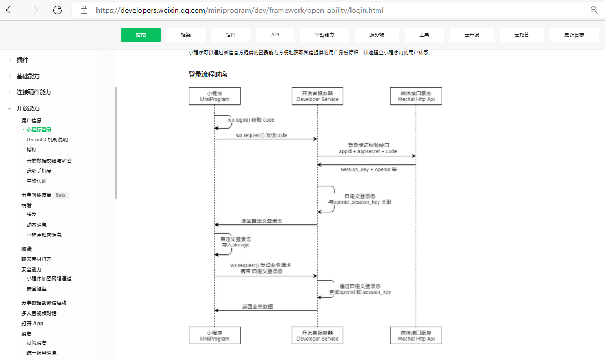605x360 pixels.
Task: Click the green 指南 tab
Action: click(x=141, y=35)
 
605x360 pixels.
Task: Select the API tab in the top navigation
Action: click(x=275, y=35)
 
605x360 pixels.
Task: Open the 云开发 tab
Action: click(x=472, y=35)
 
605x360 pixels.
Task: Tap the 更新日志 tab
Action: click(x=574, y=35)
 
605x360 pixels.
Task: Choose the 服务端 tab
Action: click(x=377, y=35)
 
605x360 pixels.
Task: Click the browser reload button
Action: click(x=57, y=10)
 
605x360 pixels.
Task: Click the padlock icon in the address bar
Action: click(x=84, y=10)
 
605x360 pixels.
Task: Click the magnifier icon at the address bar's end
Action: click(x=594, y=10)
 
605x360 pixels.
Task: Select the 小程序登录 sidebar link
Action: click(x=39, y=130)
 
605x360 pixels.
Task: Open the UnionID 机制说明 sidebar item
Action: click(x=47, y=140)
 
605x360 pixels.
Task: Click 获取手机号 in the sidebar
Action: click(x=39, y=171)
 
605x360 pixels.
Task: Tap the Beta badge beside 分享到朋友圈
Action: click(x=61, y=195)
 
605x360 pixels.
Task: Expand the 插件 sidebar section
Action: click(x=23, y=60)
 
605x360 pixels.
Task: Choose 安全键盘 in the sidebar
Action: click(x=37, y=289)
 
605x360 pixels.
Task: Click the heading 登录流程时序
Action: click(x=211, y=74)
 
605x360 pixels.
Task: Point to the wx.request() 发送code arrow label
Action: click(x=262, y=136)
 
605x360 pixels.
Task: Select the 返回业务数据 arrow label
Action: click(x=257, y=307)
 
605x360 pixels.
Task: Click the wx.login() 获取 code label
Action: click(x=251, y=120)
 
